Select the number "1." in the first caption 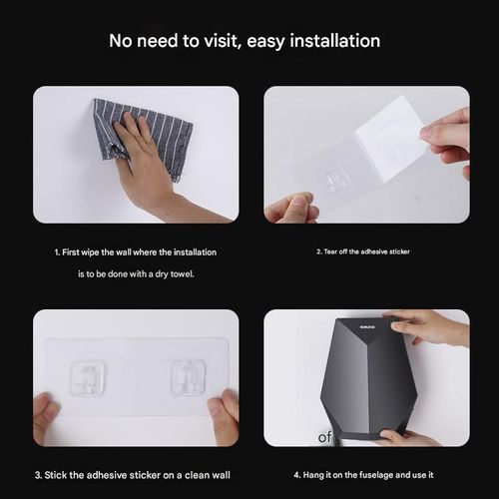(58, 251)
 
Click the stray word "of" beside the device (325, 437)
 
